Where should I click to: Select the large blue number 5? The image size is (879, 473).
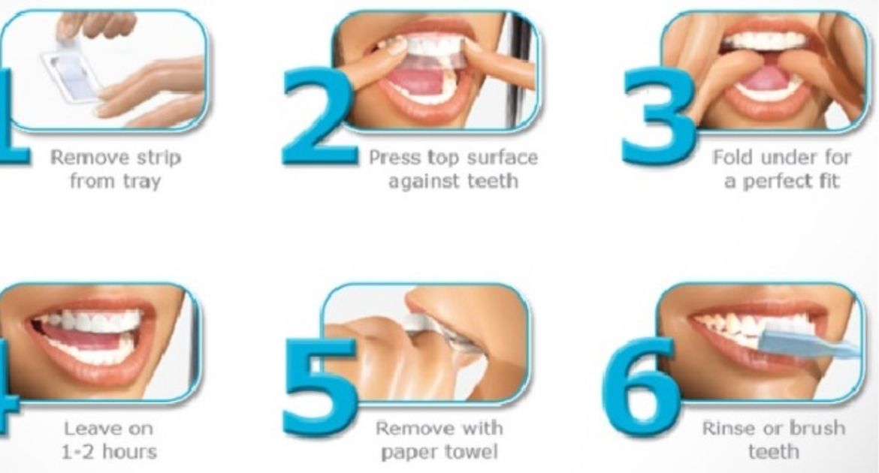click(319, 387)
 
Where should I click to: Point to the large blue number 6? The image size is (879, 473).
click(641, 387)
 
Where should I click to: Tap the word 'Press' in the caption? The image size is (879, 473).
click(395, 158)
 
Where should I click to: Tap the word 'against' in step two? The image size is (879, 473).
click(423, 182)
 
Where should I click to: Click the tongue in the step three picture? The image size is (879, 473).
click(769, 79)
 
